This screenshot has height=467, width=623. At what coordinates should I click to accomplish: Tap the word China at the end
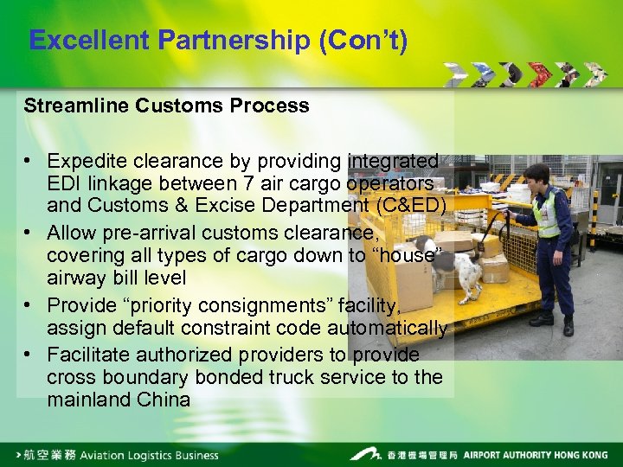(x=164, y=400)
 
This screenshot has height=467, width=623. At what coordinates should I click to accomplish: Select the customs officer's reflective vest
(x=547, y=214)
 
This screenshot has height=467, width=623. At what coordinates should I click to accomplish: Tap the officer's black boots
(x=554, y=323)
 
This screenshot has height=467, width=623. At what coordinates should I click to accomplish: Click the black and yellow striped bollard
(x=594, y=216)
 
